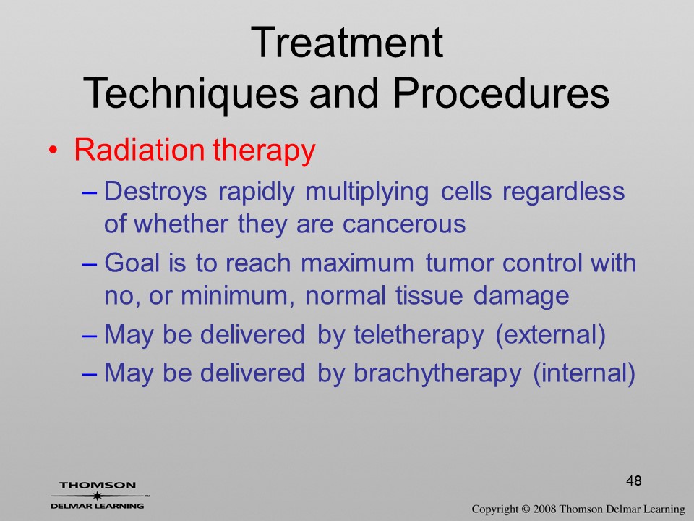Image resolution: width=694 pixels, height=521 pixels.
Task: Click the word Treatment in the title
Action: tap(346, 42)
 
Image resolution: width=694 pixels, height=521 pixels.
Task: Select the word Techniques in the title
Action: tap(191, 93)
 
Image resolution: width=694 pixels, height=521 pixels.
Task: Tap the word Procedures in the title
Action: tap(501, 93)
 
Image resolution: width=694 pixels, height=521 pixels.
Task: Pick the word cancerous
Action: tap(404, 224)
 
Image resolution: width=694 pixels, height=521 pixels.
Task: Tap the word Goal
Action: tap(132, 262)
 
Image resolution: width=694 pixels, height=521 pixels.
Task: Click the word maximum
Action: tap(358, 263)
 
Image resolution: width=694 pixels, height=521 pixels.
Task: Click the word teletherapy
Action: tap(419, 335)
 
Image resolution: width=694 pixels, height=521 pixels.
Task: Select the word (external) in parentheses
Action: tap(550, 334)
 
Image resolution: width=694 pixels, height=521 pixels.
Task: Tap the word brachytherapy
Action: tap(437, 373)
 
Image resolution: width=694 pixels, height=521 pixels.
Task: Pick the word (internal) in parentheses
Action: tap(584, 373)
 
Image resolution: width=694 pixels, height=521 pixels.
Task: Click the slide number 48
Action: tap(634, 480)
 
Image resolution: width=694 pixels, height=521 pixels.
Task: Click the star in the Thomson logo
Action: tap(97, 496)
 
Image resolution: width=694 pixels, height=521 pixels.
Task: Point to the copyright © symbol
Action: tap(525, 509)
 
